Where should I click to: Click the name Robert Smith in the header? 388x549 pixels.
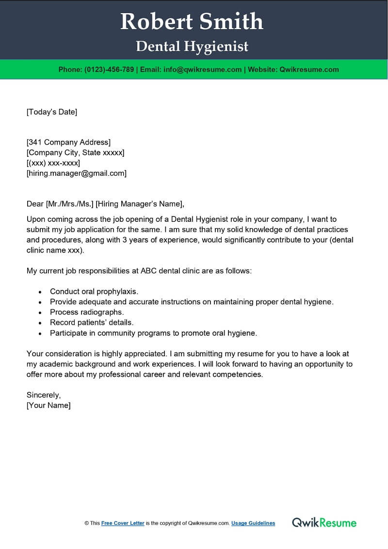pyautogui.click(x=192, y=21)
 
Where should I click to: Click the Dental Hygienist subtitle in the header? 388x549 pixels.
pyautogui.click(x=192, y=46)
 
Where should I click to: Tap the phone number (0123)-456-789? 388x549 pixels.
pyautogui.click(x=109, y=69)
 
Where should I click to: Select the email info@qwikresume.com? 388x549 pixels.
pyautogui.click(x=203, y=69)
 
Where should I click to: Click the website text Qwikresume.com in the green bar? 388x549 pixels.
pyautogui.click(x=309, y=69)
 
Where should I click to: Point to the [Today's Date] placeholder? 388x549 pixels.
pyautogui.click(x=52, y=112)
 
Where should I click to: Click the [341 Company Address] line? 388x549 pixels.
pyautogui.click(x=68, y=142)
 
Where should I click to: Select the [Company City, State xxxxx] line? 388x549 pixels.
pyautogui.click(x=75, y=152)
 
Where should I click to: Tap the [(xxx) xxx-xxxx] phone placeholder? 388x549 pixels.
pyautogui.click(x=53, y=163)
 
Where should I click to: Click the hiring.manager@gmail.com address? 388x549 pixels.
pyautogui.click(x=76, y=173)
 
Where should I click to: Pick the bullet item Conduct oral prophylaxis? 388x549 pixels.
pyautogui.click(x=94, y=291)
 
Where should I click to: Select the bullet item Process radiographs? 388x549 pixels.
pyautogui.click(x=87, y=312)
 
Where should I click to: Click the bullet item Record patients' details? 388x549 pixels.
pyautogui.click(x=92, y=322)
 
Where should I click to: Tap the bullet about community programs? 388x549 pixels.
pyautogui.click(x=153, y=333)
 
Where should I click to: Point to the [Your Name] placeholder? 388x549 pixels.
pyautogui.click(x=48, y=405)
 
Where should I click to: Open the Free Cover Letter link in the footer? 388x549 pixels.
pyautogui.click(x=123, y=523)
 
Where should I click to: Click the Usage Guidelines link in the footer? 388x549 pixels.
pyautogui.click(x=253, y=523)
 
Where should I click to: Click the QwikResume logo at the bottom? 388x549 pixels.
pyautogui.click(x=324, y=523)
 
